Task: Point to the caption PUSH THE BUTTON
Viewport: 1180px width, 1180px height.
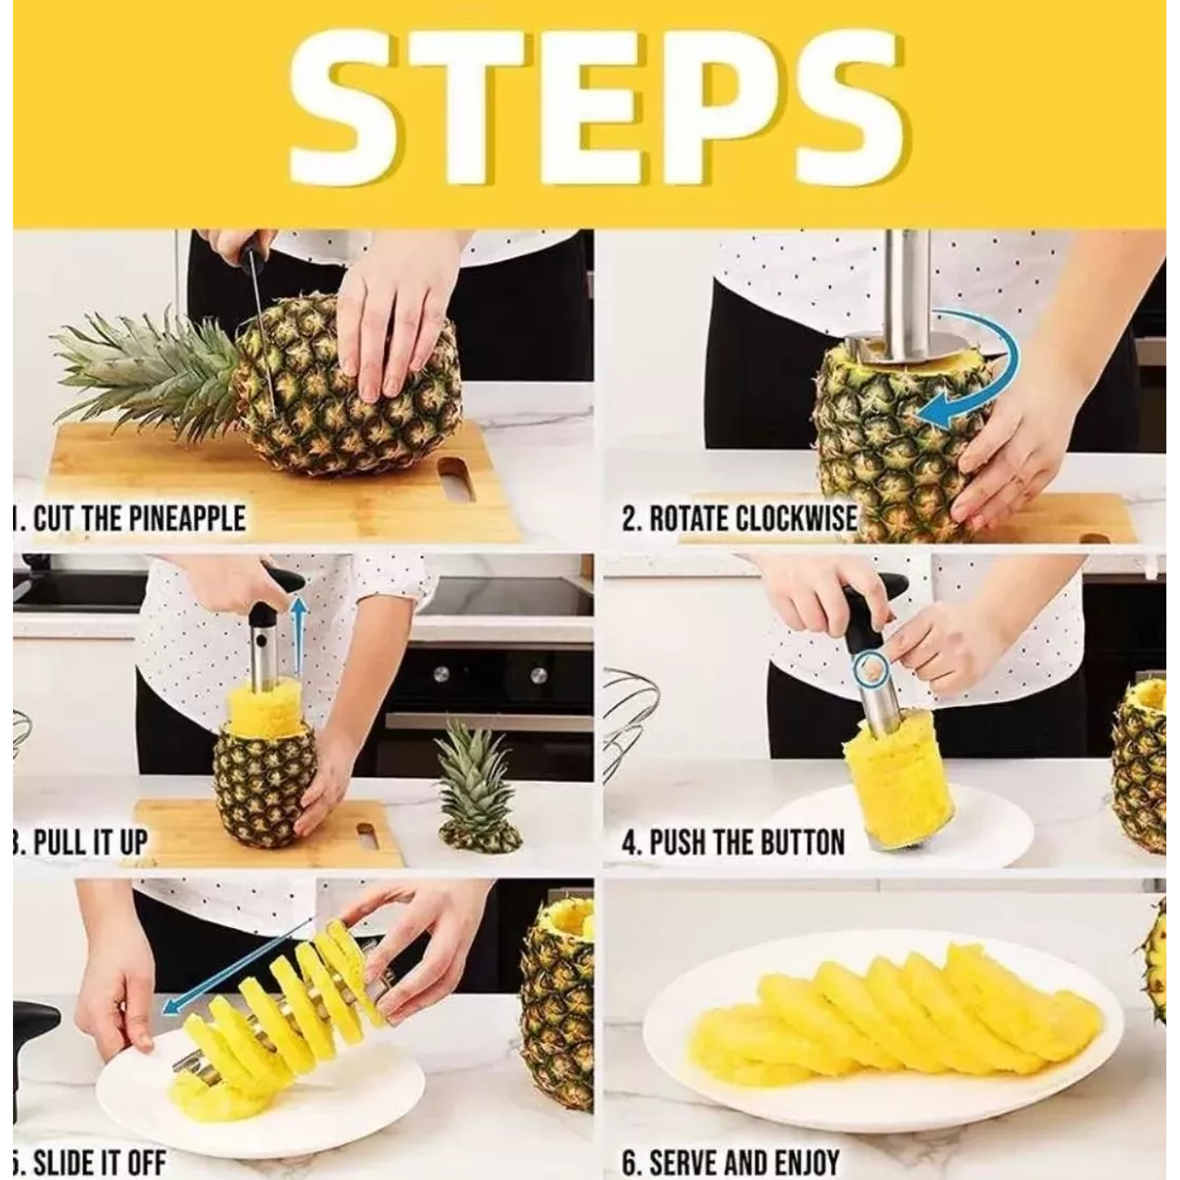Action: point(734,843)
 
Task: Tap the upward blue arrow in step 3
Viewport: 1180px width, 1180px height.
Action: point(298,630)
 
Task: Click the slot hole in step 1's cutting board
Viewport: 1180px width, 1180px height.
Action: point(456,479)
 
